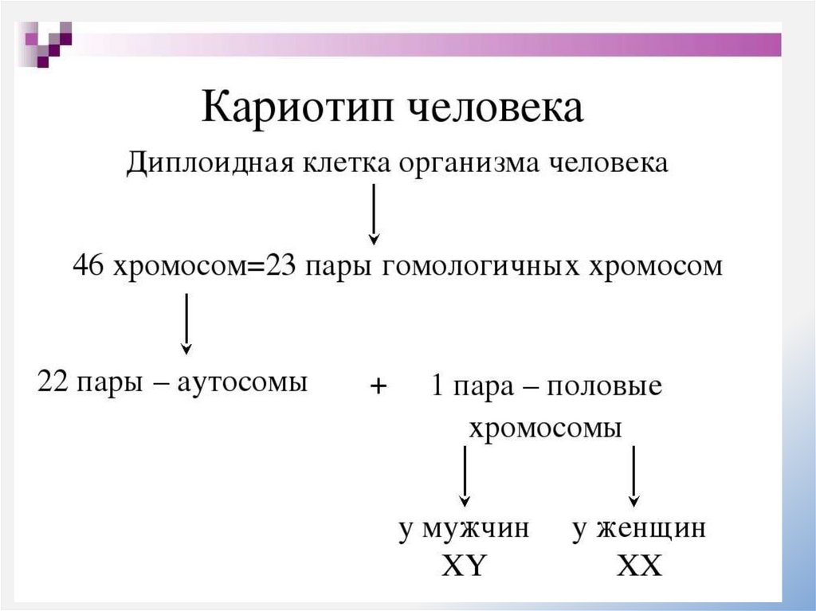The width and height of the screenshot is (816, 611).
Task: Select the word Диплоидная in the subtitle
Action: pos(210,163)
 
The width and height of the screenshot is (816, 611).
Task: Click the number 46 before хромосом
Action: pos(88,265)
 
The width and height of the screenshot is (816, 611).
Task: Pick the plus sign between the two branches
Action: pos(378,386)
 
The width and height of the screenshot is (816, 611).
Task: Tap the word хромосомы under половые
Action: pos(545,428)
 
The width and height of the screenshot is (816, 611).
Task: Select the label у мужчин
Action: pos(464,528)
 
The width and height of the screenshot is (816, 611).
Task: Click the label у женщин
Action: pos(639,528)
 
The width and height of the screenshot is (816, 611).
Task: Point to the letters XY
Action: pos(464,566)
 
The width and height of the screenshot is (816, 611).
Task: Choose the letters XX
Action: pos(639,566)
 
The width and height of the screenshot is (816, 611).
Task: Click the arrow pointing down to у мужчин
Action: pos(465,476)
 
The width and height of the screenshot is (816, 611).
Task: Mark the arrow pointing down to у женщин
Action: pos(634,476)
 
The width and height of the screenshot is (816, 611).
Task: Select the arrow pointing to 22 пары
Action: pos(186,323)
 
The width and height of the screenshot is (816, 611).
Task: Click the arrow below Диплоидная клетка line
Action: pos(374,213)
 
